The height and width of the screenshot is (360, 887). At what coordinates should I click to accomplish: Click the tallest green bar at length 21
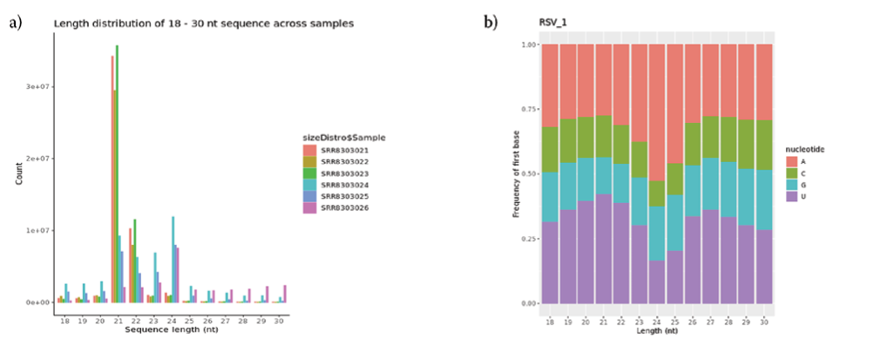point(117,174)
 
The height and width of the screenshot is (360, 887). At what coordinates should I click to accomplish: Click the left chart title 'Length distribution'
point(203,24)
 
